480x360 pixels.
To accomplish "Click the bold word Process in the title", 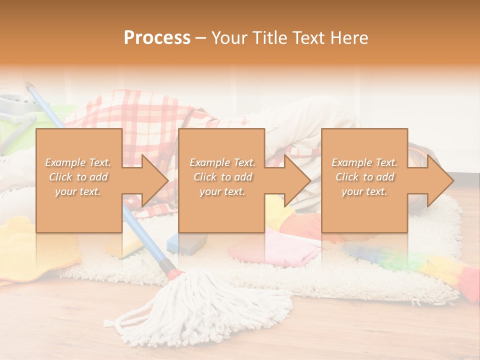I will [x=157, y=37].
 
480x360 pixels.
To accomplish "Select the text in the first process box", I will [x=78, y=177].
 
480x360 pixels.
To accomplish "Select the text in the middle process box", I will [x=222, y=177].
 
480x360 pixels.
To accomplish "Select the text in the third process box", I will [x=364, y=177].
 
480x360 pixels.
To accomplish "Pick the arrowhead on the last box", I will [x=439, y=181].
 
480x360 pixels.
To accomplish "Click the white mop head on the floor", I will [x=200, y=305].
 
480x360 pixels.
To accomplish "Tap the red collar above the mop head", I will [x=176, y=273].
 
